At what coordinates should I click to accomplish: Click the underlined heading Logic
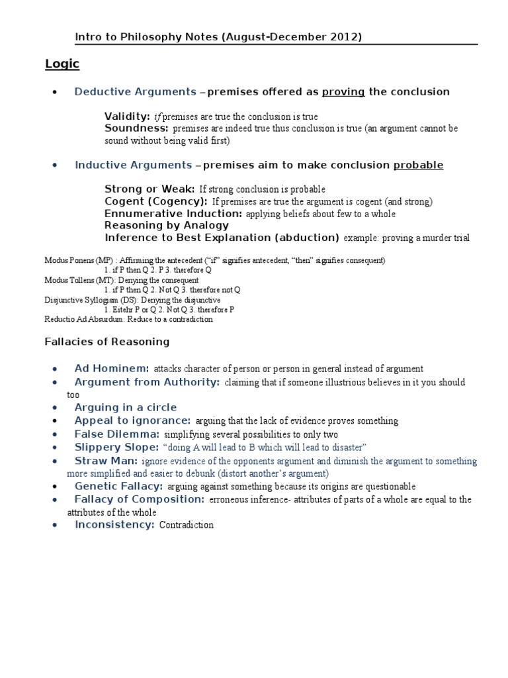[62, 64]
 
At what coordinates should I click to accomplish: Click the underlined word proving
[343, 92]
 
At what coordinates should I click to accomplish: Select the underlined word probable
[418, 165]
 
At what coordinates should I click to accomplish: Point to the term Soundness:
[136, 128]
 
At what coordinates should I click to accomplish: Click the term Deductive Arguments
[135, 92]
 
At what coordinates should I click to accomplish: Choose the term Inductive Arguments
[133, 165]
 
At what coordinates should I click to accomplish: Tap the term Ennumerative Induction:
[173, 213]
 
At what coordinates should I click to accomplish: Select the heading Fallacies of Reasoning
[106, 342]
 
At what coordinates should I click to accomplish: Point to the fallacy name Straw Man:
[106, 460]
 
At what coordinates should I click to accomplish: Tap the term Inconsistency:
[114, 524]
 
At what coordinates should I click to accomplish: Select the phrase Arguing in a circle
[125, 407]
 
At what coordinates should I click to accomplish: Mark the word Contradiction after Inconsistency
[187, 525]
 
